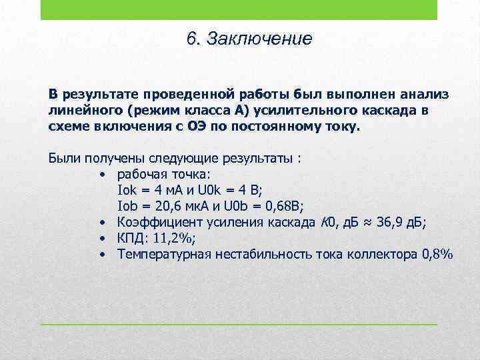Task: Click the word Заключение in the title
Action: (x=259, y=39)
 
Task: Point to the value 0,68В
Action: (x=285, y=206)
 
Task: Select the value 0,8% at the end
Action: (x=437, y=254)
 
